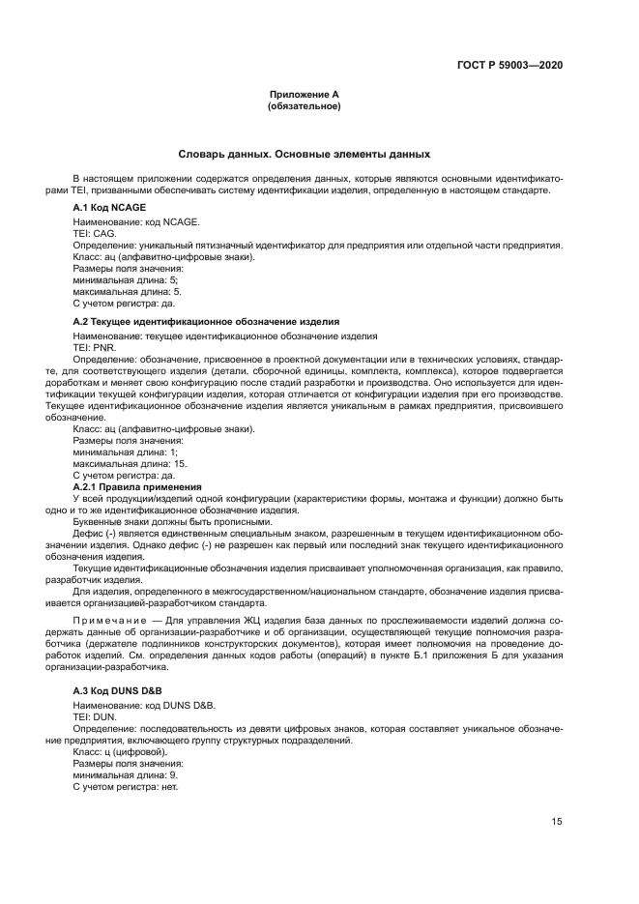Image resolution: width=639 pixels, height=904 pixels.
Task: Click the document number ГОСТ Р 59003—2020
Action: (509, 65)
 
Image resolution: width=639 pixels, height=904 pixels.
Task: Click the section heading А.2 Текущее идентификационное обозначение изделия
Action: (206, 321)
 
